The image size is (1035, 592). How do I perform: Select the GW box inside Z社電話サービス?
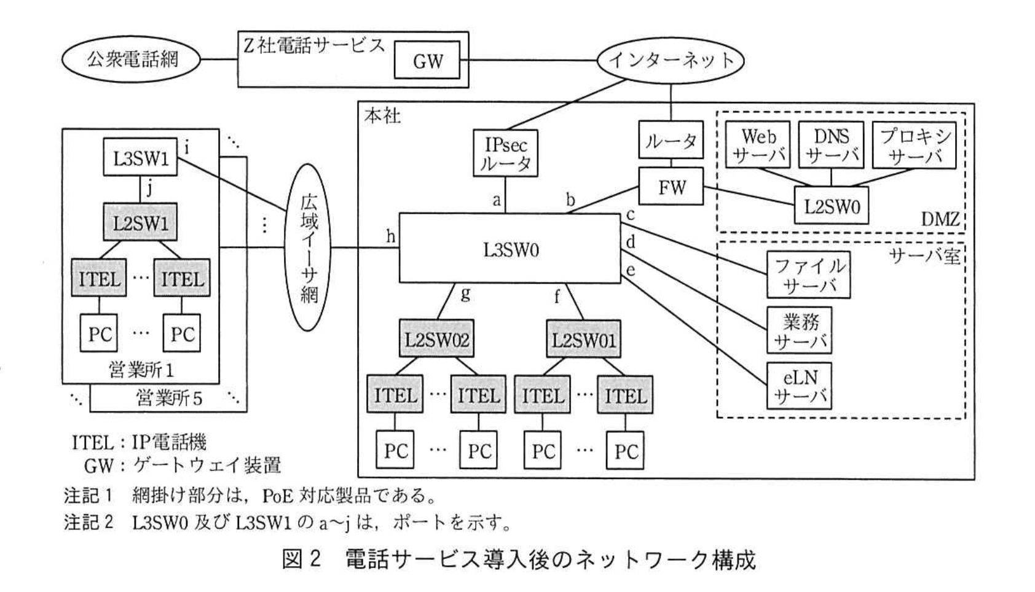coord(427,60)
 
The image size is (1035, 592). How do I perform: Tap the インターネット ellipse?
coord(671,60)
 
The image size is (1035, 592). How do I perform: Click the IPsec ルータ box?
coord(506,154)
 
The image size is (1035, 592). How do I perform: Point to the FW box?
coord(671,187)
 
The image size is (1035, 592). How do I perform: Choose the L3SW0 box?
coord(510,249)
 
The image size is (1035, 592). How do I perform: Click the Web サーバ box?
coord(758,146)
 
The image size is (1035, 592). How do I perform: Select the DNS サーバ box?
coord(831,146)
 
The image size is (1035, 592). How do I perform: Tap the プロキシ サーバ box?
coord(915,146)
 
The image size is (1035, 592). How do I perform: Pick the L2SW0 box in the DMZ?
coord(832,206)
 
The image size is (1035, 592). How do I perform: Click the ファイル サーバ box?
coord(808,275)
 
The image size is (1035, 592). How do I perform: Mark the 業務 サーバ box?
coord(799,331)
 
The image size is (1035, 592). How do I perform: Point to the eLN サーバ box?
coord(799,386)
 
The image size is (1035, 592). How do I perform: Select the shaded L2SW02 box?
coord(436,339)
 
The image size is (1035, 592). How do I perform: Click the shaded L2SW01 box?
coord(583,339)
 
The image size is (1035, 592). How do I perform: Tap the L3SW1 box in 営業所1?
coord(140,158)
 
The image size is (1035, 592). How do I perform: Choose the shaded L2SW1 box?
coord(140,222)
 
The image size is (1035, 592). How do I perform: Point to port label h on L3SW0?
coord(390,236)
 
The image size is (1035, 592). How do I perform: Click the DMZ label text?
coord(940,219)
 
